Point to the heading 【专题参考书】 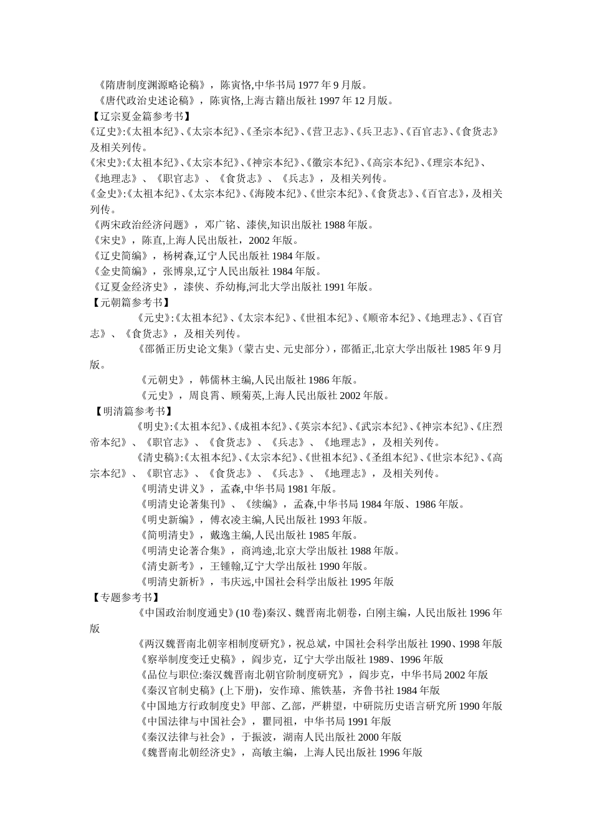point(124,597)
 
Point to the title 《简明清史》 point(168,535)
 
